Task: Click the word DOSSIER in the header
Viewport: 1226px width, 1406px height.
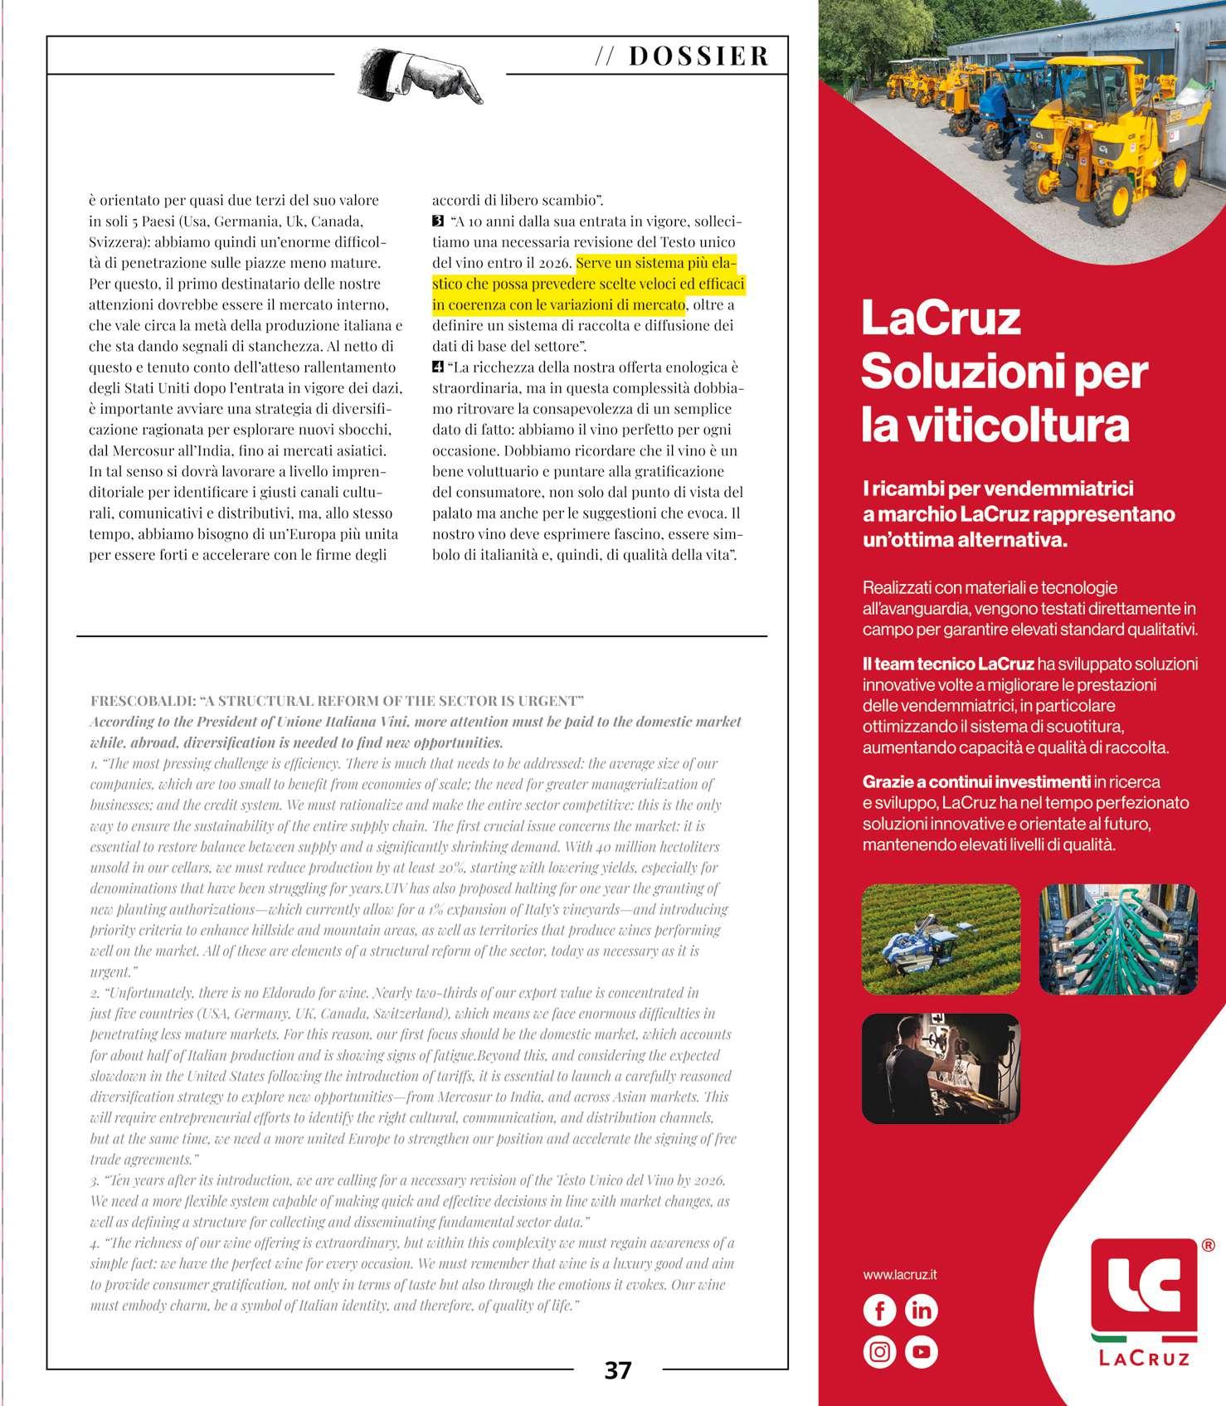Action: tap(698, 56)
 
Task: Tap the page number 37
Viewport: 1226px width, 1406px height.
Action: tap(617, 1370)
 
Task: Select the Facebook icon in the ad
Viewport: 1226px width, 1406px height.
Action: tap(880, 1310)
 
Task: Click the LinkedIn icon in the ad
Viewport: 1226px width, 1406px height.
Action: tap(922, 1310)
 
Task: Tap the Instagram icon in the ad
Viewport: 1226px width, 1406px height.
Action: tap(880, 1352)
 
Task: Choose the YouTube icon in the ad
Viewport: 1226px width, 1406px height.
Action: tap(922, 1352)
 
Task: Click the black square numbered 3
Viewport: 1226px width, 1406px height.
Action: tap(438, 221)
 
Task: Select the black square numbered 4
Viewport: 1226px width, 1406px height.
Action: tap(438, 367)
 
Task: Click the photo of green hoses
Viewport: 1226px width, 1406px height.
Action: tap(1118, 939)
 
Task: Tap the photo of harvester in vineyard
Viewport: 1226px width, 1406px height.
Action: tap(941, 939)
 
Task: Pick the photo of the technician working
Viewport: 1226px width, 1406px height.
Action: tap(941, 1068)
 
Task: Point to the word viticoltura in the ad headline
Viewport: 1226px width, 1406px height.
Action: tap(995, 426)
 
